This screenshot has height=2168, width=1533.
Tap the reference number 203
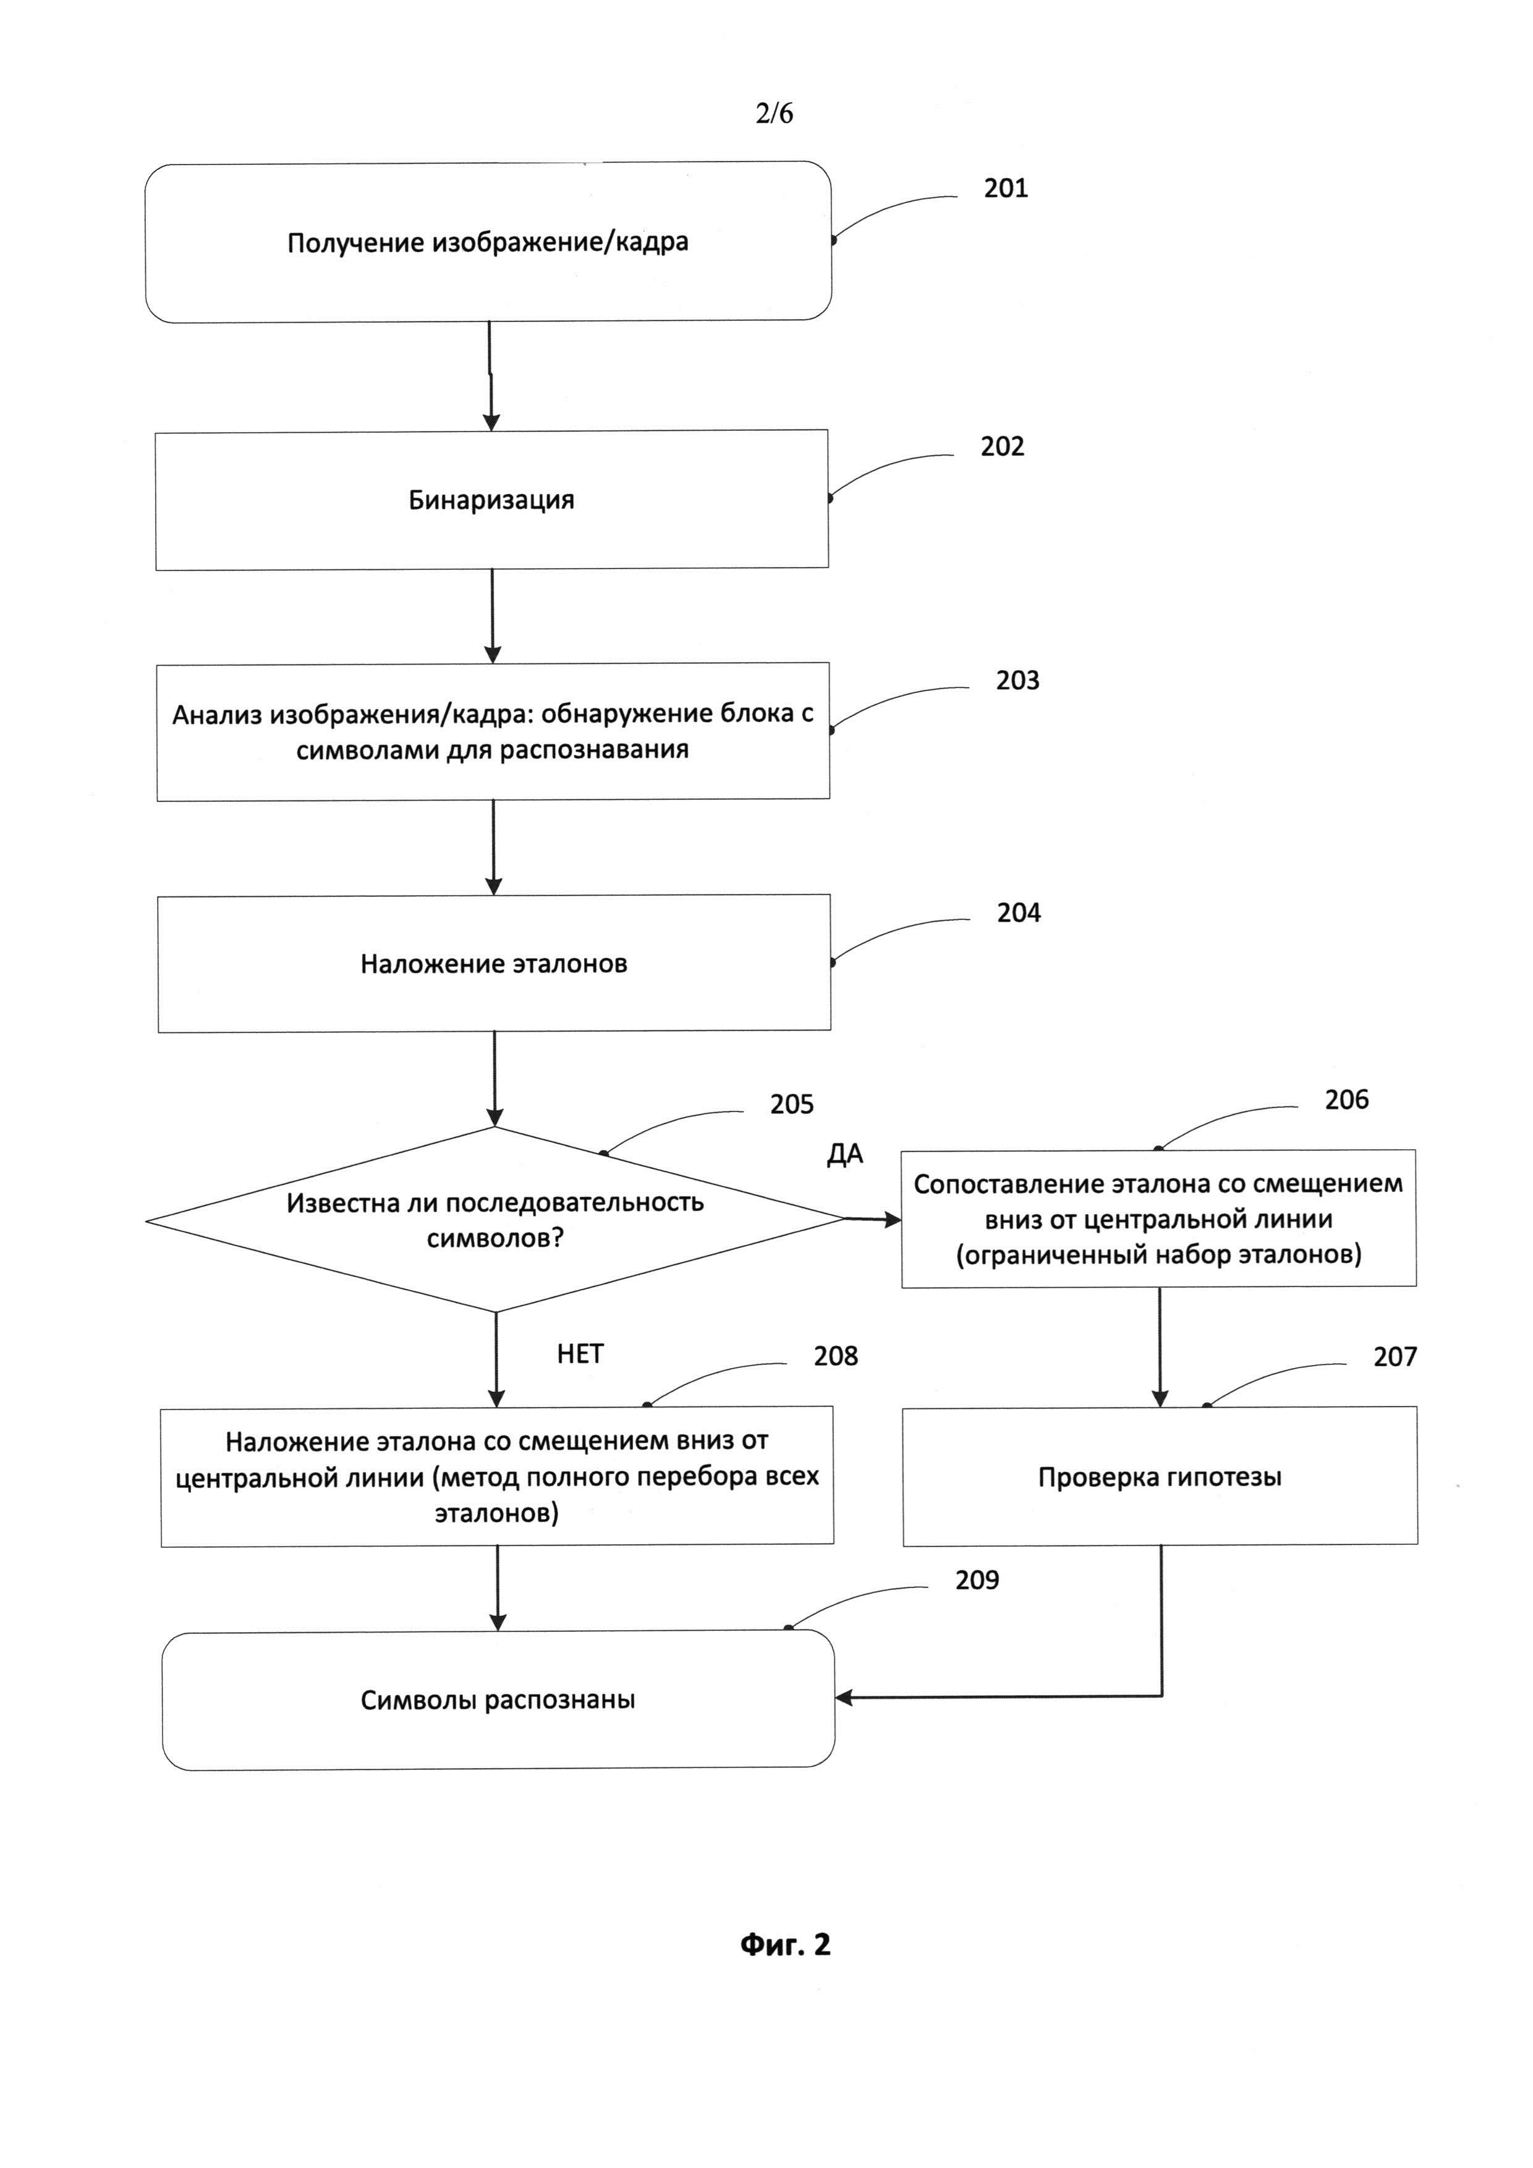click(1017, 681)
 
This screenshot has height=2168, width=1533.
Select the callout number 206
click(1346, 1100)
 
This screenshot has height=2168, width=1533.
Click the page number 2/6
click(774, 113)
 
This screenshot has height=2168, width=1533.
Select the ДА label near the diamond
click(845, 1155)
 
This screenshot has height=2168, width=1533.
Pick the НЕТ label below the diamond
click(580, 1354)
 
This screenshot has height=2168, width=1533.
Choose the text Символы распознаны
click(498, 1701)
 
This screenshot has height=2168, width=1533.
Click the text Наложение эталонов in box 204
click(494, 964)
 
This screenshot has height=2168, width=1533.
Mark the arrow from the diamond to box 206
click(873, 1220)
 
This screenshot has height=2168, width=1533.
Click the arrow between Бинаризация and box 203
click(493, 616)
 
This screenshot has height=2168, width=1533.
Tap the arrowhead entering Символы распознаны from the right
click(844, 1698)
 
